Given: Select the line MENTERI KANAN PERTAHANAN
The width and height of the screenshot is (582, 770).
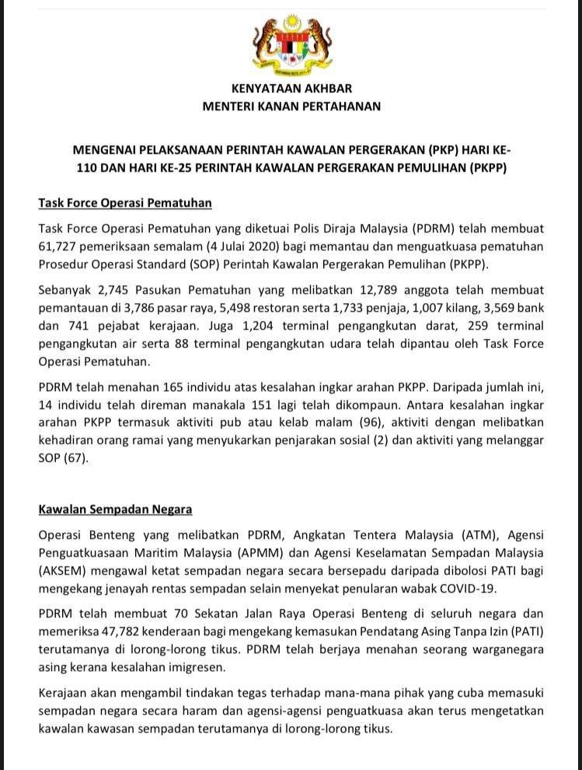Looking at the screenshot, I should click(x=291, y=106).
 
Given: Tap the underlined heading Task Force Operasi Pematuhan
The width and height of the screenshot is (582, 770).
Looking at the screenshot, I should click(x=125, y=203).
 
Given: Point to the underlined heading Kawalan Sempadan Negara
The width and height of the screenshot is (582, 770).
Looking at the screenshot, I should click(x=115, y=509).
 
